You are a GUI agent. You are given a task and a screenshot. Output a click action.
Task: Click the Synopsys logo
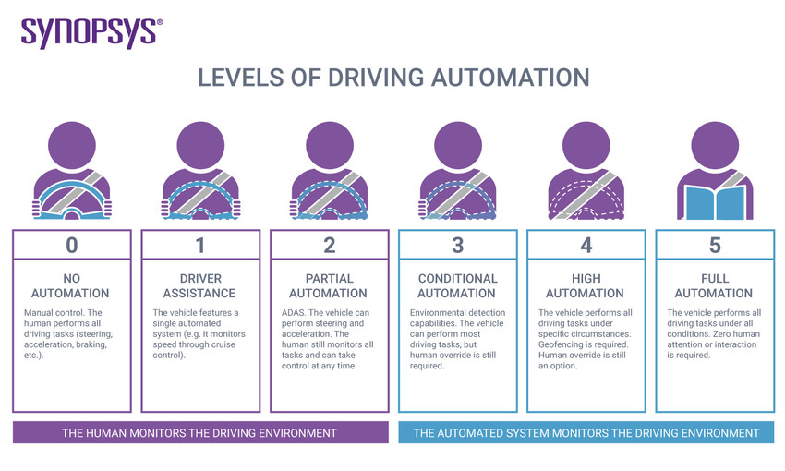pyautogui.click(x=91, y=32)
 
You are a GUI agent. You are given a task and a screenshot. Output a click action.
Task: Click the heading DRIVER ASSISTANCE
pyautogui.click(x=200, y=285)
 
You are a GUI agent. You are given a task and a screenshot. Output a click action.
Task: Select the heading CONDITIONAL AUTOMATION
pyautogui.click(x=458, y=285)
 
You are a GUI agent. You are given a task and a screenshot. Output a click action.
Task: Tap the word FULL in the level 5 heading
pyautogui.click(x=715, y=278)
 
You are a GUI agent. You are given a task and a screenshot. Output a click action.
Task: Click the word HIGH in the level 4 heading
pyautogui.click(x=586, y=278)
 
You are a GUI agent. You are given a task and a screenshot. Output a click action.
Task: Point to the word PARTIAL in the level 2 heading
pyautogui.click(x=329, y=278)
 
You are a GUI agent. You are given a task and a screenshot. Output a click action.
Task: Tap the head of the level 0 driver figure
pyautogui.click(x=71, y=146)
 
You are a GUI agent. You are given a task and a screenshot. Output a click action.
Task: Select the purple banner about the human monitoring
pyautogui.click(x=199, y=432)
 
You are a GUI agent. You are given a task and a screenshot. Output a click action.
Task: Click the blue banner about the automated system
pyautogui.click(x=586, y=432)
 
